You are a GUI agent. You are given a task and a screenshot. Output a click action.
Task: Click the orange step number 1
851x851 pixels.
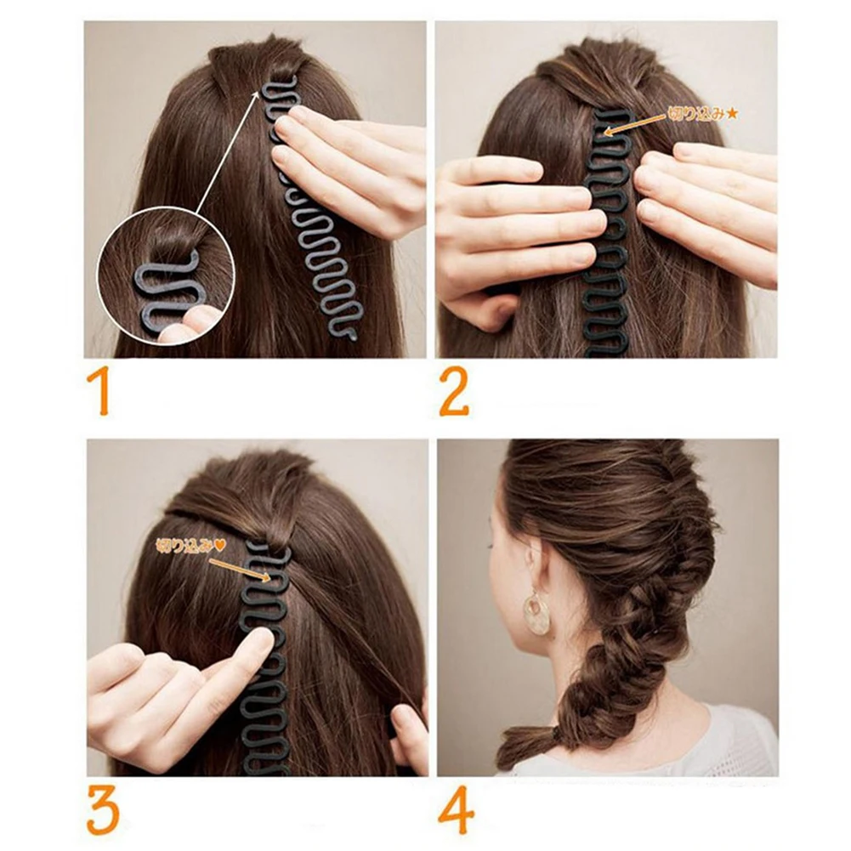point(99,390)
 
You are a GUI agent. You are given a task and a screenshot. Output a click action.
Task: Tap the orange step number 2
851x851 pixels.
point(454,389)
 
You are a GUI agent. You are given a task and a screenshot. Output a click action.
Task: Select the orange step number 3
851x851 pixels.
point(102,812)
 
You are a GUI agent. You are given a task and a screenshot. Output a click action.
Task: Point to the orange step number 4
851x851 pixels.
point(456,813)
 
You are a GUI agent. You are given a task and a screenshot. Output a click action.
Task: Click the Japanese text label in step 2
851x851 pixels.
point(697,112)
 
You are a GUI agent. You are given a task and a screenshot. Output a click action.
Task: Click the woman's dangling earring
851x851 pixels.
point(536,612)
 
